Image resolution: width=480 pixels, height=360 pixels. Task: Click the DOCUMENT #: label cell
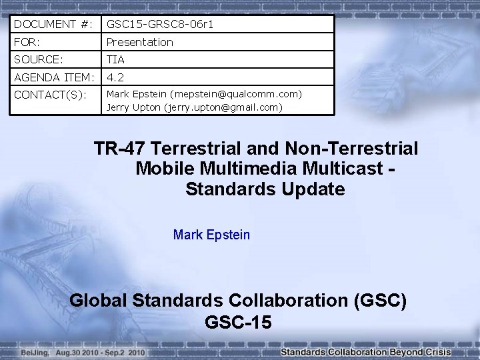[x=53, y=24]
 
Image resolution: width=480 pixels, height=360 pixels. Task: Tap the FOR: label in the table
[x=27, y=42]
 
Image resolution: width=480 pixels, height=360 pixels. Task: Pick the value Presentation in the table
[x=139, y=42]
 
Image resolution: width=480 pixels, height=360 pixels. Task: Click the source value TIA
[x=116, y=59]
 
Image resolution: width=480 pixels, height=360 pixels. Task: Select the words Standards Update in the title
[x=265, y=189]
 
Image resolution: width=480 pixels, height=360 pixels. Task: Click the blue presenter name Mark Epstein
[x=211, y=235]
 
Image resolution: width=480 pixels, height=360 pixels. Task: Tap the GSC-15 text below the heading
[x=238, y=323]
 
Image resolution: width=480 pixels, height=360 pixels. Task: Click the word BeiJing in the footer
[x=33, y=352]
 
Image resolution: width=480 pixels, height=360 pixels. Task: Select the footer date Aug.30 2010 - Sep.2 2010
[x=100, y=352]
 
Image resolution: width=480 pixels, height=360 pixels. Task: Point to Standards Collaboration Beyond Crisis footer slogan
[x=366, y=352]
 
